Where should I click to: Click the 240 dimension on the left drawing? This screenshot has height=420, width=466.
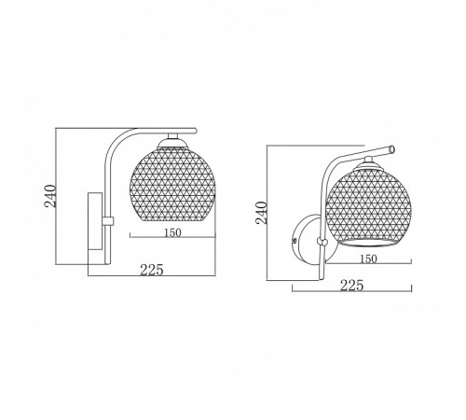pos(50,196)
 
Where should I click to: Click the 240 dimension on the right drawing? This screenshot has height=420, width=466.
pos(262,213)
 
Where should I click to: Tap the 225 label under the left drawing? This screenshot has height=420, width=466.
pos(152,270)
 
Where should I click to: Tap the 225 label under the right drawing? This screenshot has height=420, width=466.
pos(352,286)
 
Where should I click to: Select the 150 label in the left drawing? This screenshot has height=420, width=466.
pos(172,232)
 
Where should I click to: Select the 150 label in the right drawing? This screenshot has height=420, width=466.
pos(369,259)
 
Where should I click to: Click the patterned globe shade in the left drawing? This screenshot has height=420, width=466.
pos(172,184)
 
